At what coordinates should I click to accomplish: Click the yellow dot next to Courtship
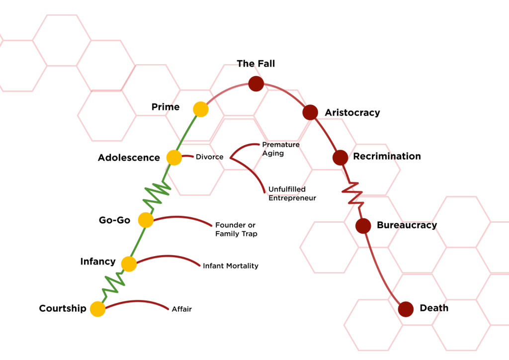point(98,309)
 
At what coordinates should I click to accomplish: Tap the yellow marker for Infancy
point(129,264)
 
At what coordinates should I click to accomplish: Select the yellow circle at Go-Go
point(146,220)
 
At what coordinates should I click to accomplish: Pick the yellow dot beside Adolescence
point(174,158)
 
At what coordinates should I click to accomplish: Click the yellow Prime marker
point(200,109)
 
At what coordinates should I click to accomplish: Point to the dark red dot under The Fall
point(255,84)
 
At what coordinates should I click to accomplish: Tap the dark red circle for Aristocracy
point(310,112)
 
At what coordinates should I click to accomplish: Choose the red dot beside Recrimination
point(340,158)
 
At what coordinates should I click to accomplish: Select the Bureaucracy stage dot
point(363,226)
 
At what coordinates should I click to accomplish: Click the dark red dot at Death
point(406,309)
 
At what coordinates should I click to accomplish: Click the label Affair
point(181,309)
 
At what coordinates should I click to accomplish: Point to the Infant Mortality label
point(231,266)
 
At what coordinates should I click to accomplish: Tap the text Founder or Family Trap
point(236,229)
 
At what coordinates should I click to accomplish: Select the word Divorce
point(209,157)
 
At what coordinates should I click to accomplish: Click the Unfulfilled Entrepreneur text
point(292,193)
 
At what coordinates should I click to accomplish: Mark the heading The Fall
point(255,64)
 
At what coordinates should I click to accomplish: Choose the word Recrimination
point(387,157)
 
